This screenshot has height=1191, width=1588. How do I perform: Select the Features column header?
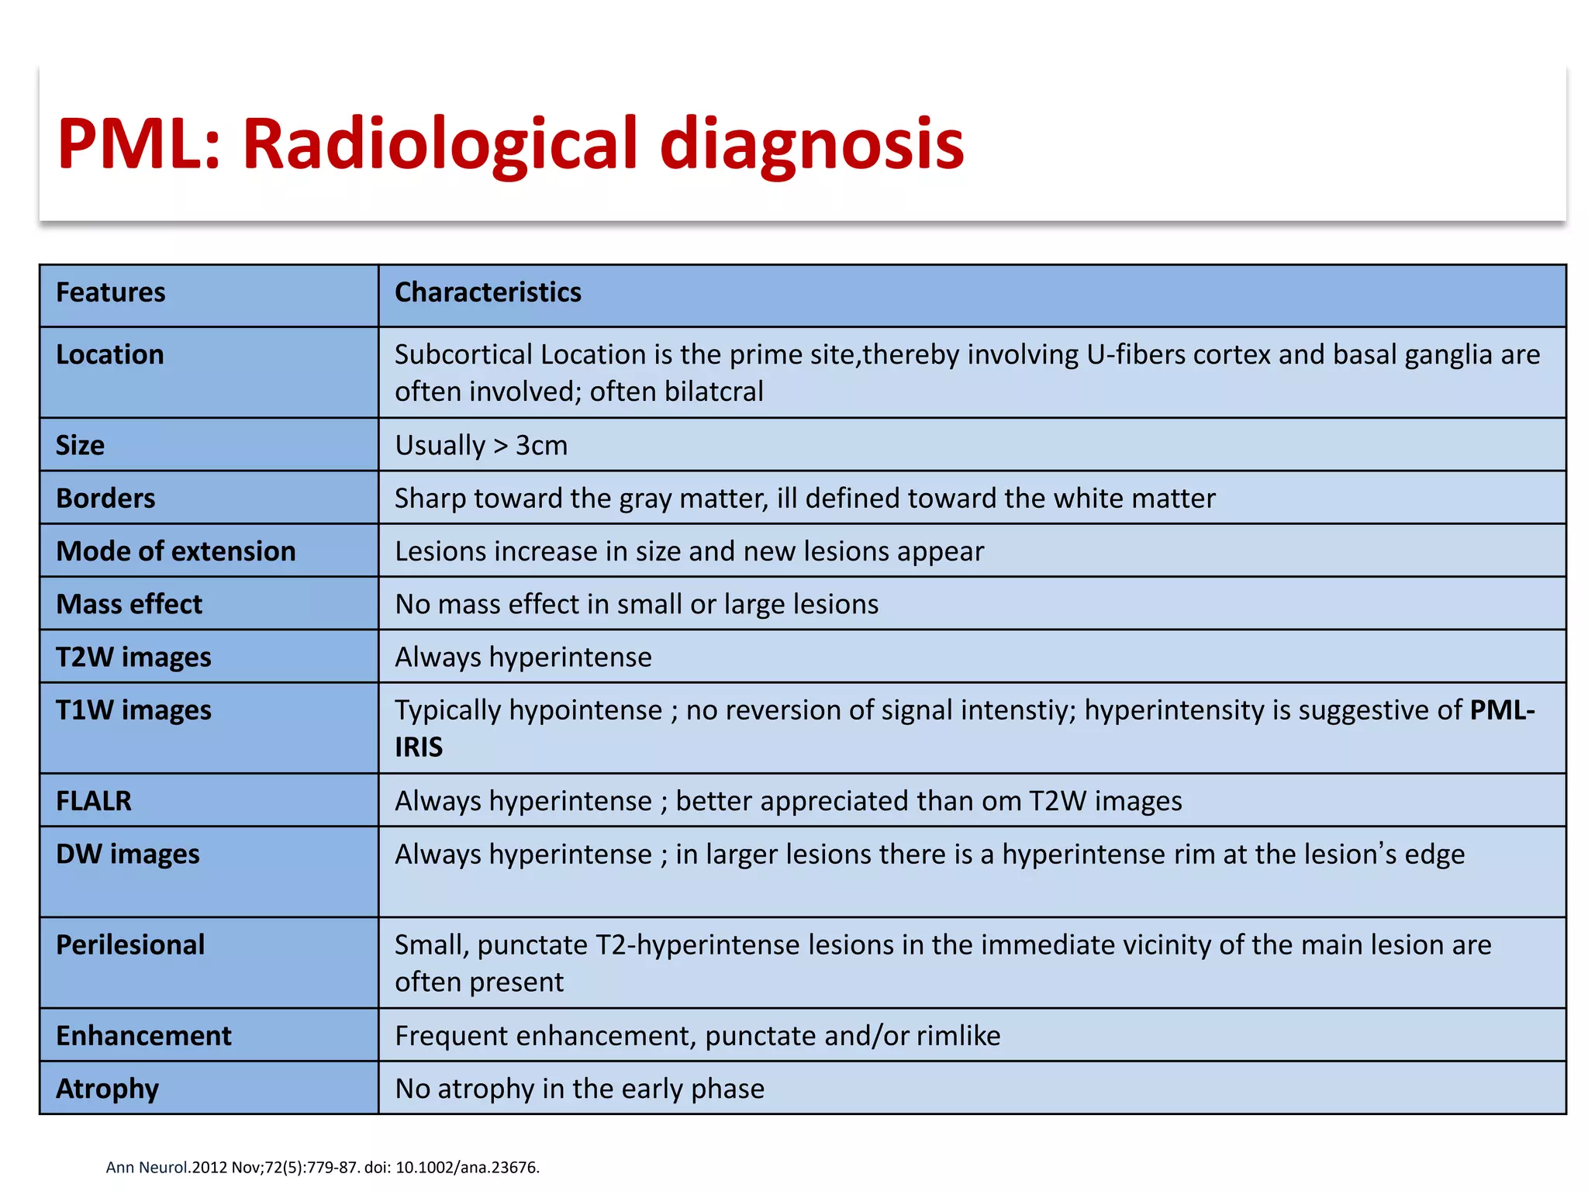(110, 292)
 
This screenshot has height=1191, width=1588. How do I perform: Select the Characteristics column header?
(488, 292)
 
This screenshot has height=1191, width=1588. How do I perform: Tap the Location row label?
(110, 354)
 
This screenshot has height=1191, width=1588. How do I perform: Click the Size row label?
(80, 445)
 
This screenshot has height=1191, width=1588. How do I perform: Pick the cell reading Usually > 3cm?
(481, 445)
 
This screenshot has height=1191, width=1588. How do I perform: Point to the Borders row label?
(105, 498)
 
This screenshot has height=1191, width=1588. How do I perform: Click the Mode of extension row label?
(176, 551)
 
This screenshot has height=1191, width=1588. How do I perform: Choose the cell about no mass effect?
(636, 604)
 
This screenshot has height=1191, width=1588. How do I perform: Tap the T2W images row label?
(133, 657)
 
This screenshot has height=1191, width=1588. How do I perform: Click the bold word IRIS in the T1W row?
(419, 747)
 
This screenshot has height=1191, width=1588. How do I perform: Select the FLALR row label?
(94, 800)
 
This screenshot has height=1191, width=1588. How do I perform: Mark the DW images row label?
(128, 854)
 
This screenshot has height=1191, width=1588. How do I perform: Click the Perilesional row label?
(130, 944)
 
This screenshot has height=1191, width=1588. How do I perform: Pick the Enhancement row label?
(143, 1035)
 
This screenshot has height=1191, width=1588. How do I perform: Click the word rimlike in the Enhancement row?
(958, 1035)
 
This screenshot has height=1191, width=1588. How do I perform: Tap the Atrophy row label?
(107, 1088)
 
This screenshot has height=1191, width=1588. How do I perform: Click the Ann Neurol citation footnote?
(323, 1167)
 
